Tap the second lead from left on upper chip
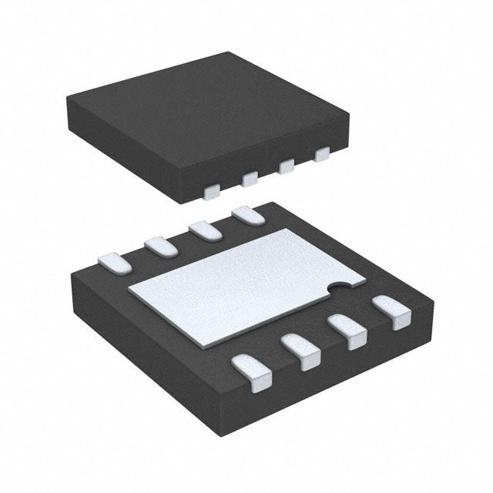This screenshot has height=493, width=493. click(249, 179)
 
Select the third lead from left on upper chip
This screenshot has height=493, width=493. click(287, 166)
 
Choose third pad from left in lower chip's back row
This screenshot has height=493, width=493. click(203, 230)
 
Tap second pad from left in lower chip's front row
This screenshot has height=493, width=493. click(302, 350)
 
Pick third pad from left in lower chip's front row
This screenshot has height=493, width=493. click(348, 332)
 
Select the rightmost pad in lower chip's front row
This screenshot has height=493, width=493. click(391, 314)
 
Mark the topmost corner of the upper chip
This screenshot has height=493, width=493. click(228, 52)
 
